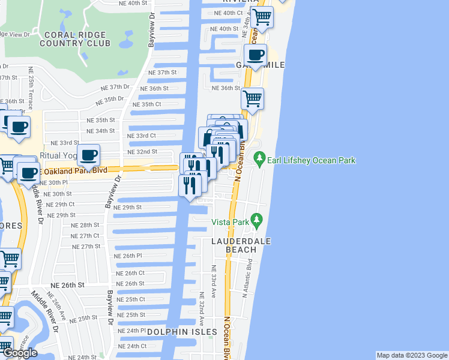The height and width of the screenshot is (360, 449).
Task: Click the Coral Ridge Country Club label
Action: pyautogui.click(x=76, y=38)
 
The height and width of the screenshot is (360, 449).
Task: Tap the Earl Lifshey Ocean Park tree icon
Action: pyautogui.click(x=260, y=160)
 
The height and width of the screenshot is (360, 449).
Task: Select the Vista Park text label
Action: pyautogui.click(x=230, y=222)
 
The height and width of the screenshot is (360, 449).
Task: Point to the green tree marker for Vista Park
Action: pyautogui.click(x=257, y=221)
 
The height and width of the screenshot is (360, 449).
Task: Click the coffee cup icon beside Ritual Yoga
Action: pyautogui.click(x=89, y=155)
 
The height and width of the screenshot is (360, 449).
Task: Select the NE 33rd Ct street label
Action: pyautogui.click(x=142, y=136)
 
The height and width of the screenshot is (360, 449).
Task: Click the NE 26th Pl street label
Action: pyautogui.click(x=127, y=256)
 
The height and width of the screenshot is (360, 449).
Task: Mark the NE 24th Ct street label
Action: pyautogui.click(x=132, y=346)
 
